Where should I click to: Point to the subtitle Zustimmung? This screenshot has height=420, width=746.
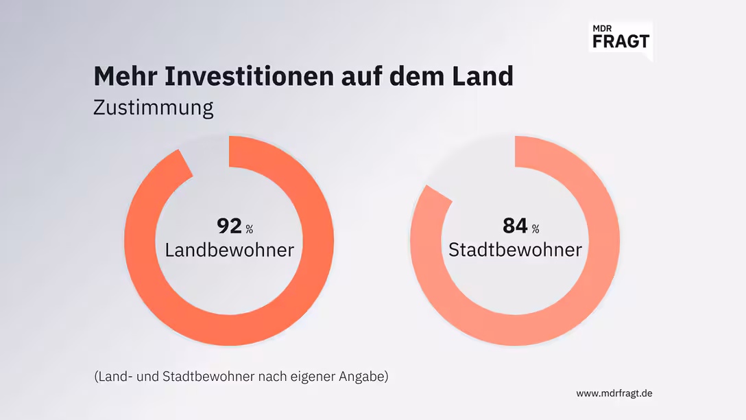[x=154, y=108]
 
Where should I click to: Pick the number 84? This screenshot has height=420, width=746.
[x=514, y=226]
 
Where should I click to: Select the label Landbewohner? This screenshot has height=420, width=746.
[x=229, y=250]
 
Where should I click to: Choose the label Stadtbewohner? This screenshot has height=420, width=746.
[x=515, y=250]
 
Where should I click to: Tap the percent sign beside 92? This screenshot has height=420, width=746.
[x=250, y=229]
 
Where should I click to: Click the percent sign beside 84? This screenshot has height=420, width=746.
[x=536, y=229]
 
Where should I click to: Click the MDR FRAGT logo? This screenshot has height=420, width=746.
[x=620, y=38]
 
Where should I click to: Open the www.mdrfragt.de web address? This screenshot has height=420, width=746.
[x=614, y=393]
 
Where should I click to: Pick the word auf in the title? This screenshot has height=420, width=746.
[x=360, y=76]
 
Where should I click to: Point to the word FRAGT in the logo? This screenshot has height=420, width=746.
[x=620, y=41]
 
